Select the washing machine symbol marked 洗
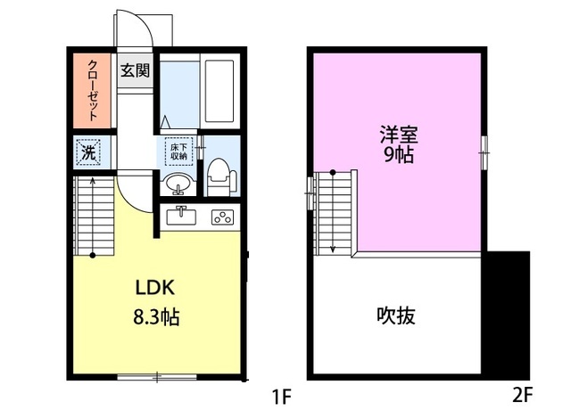coord(87,152)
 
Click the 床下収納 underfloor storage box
coord(178,151)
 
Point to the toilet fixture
coord(219,176)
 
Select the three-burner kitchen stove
coord(221,216)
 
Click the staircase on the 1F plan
coord(92,215)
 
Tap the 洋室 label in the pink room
coord(399,135)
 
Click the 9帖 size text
coord(399,156)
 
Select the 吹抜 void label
coord(397,315)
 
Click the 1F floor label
coord(282,393)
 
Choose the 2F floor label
coord(522,393)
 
